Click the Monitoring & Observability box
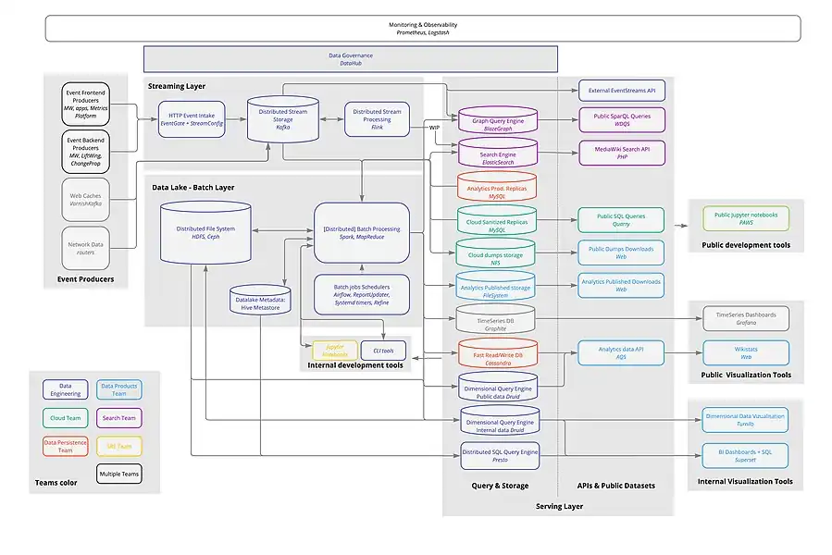(422, 28)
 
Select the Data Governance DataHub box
(350, 59)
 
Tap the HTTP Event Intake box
(192, 119)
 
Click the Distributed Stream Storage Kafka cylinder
(284, 119)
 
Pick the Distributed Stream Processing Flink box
(377, 119)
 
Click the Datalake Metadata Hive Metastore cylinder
(262, 300)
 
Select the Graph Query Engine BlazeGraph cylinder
(498, 120)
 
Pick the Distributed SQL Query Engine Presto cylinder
(500, 455)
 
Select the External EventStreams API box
(621, 91)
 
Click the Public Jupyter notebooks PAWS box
(746, 219)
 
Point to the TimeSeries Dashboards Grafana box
(746, 319)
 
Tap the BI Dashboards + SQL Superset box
(745, 455)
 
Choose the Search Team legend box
(118, 418)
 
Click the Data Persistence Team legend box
(66, 447)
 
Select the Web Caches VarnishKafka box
(86, 201)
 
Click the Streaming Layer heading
(177, 86)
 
